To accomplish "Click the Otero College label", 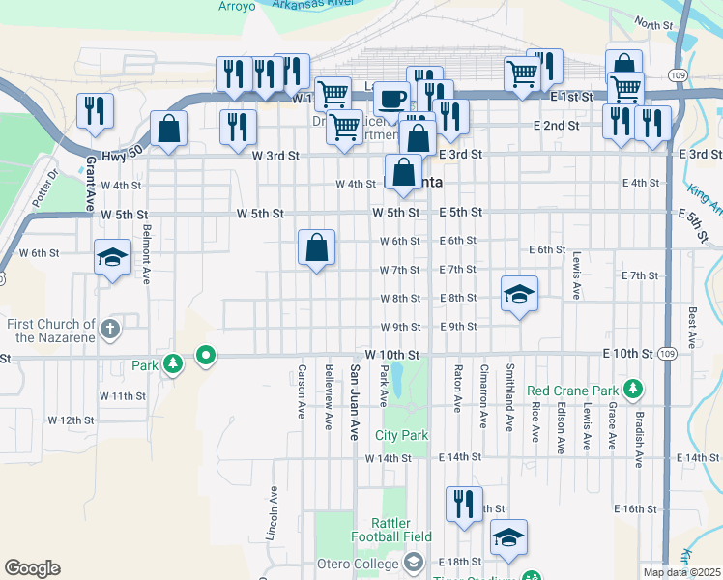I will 363,564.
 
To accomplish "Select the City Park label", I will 401,436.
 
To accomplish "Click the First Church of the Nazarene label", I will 50,331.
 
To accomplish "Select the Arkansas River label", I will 315,5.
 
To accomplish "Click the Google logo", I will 32,568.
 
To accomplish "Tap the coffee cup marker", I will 391,99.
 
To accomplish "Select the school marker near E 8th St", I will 519,295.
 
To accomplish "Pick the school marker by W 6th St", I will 112,258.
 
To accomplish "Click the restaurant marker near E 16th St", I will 463,505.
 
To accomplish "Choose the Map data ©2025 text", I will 680,572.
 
